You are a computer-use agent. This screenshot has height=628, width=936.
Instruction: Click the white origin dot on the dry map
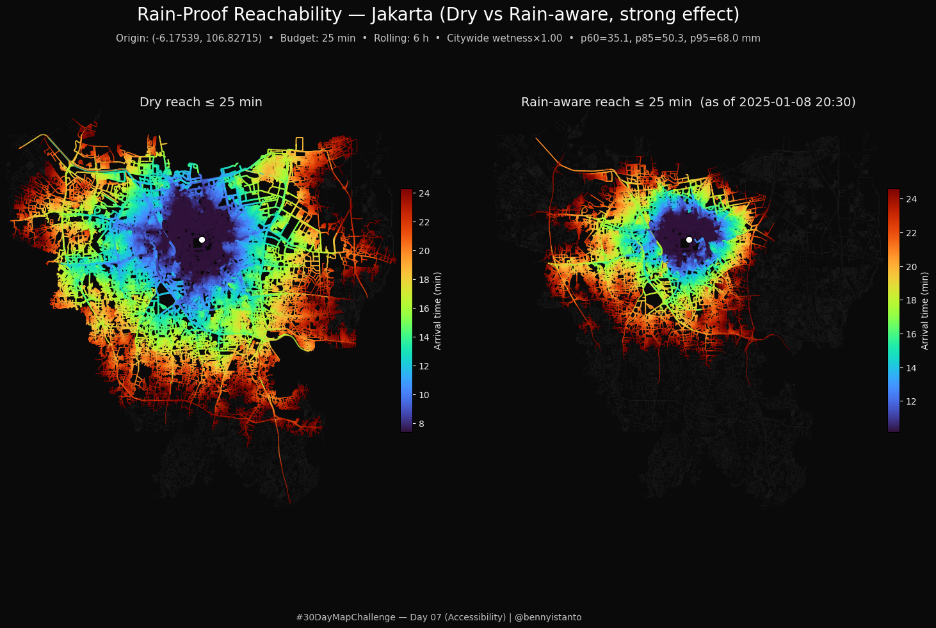tap(202, 240)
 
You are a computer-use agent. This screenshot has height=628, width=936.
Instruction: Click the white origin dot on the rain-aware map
tap(689, 240)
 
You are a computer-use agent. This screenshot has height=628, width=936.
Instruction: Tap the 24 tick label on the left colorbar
tap(424, 193)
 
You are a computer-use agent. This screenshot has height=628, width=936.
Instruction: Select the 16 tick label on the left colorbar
tap(424, 309)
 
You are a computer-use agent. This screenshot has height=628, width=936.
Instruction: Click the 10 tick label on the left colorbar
tap(424, 395)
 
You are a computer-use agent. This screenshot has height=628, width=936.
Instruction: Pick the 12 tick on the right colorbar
tap(911, 401)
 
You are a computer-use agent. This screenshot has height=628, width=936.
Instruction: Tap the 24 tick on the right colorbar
tap(911, 199)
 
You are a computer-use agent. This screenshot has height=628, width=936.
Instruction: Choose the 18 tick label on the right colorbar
tap(911, 300)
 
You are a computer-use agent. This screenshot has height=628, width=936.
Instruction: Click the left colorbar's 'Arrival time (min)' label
tap(437, 311)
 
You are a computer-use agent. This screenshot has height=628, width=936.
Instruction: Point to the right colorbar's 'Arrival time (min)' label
tap(924, 311)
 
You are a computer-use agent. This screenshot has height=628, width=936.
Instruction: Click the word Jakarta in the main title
tap(402, 15)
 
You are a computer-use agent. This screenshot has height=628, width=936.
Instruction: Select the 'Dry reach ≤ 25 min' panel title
tap(201, 102)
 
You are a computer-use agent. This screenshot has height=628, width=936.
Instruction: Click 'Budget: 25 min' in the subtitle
tap(318, 38)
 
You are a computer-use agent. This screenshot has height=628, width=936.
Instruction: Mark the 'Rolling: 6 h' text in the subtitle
tap(401, 38)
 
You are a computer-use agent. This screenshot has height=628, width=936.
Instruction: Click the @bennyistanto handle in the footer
tap(548, 618)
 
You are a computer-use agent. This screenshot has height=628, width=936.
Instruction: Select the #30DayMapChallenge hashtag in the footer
tap(346, 618)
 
